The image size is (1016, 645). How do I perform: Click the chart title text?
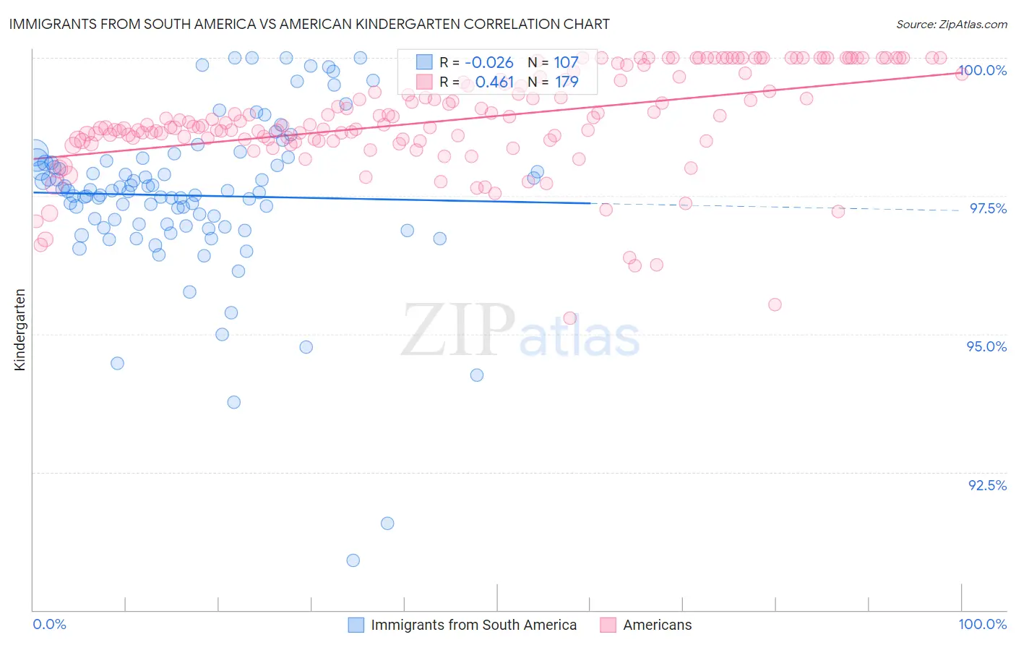pyautogui.click(x=309, y=24)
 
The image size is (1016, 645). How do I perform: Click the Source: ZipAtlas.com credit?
pyautogui.click(x=951, y=24)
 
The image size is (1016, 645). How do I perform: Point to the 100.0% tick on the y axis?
pyautogui.click(x=982, y=70)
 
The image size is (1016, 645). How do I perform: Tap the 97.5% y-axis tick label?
pyautogui.click(x=987, y=208)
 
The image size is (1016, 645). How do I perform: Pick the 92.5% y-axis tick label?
pyautogui.click(x=987, y=485)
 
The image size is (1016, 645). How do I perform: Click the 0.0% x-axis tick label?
pyautogui.click(x=49, y=624)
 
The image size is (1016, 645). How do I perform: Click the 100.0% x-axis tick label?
pyautogui.click(x=982, y=624)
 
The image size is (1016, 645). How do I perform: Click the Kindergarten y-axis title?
pyautogui.click(x=20, y=330)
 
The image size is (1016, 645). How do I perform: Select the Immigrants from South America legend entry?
pyautogui.click(x=473, y=625)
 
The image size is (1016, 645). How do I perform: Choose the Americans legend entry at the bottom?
pyautogui.click(x=657, y=625)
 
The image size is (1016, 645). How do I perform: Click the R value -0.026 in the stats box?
pyautogui.click(x=488, y=62)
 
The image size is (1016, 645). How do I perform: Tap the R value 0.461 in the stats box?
pyautogui.click(x=494, y=82)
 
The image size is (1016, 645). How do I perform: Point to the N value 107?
pyautogui.click(x=566, y=62)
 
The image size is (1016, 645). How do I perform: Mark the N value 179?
pyautogui.click(x=566, y=82)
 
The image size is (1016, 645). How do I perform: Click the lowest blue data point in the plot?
pyautogui.click(x=353, y=560)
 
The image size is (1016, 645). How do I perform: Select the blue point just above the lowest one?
pyautogui.click(x=387, y=524)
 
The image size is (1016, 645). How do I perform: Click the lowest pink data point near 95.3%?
pyautogui.click(x=569, y=318)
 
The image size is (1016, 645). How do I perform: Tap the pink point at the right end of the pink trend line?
pyautogui.click(x=962, y=73)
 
